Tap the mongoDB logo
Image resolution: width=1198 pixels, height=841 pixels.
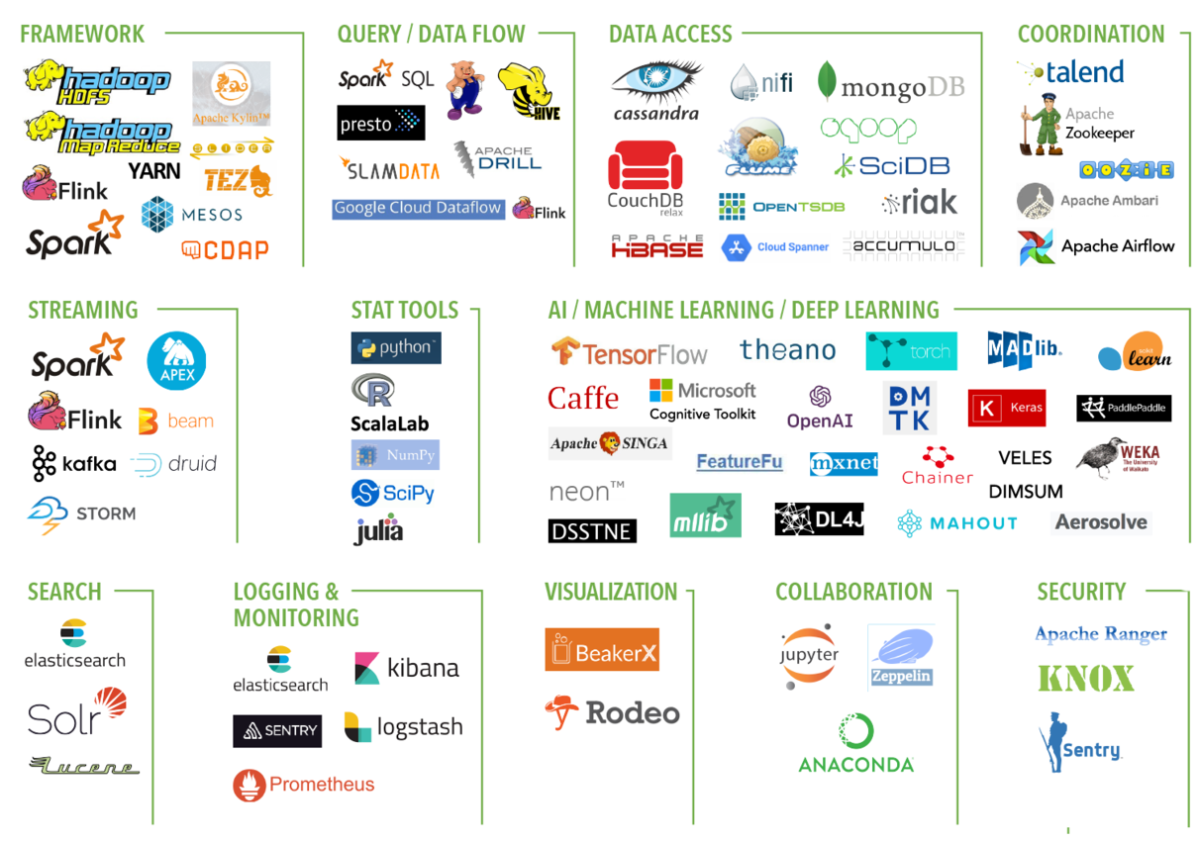coord(890,83)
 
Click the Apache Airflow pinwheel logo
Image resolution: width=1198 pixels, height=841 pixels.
coord(1037,246)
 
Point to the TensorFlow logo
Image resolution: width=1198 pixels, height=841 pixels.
coord(629,353)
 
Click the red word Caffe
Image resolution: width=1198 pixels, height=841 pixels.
coord(583,399)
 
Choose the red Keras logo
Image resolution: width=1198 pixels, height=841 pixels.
coord(1006,408)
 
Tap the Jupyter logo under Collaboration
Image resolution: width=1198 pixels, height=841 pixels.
coord(809,656)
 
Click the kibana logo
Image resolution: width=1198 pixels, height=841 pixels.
coord(407,669)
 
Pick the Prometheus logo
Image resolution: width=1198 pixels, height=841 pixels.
coord(304,785)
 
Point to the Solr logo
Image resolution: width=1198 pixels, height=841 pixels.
coord(77,713)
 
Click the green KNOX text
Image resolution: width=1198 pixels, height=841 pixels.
coord(1086,679)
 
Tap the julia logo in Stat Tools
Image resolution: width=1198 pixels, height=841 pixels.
coord(378,530)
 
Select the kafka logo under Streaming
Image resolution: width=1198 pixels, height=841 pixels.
coord(73,463)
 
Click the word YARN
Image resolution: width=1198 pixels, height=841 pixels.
coord(153,171)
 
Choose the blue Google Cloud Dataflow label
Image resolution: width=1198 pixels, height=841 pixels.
coord(418,209)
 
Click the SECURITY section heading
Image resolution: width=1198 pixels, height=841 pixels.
coord(1080,592)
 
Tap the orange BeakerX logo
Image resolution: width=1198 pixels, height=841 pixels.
coord(601,650)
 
